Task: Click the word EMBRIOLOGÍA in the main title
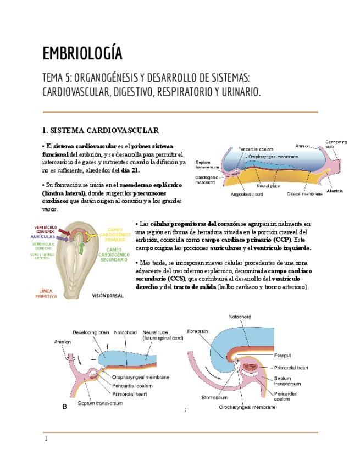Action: point(82,54)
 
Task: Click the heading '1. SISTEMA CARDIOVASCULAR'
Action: point(101,130)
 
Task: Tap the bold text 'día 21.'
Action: point(130,170)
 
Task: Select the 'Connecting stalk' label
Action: point(336,145)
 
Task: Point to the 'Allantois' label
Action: point(335,191)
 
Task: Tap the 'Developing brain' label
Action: point(92,332)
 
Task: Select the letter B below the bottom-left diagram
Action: point(65,407)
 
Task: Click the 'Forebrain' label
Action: point(199,331)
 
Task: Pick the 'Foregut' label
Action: point(284,355)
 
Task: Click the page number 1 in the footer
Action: point(46,439)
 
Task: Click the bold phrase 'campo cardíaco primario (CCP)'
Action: point(237,240)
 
